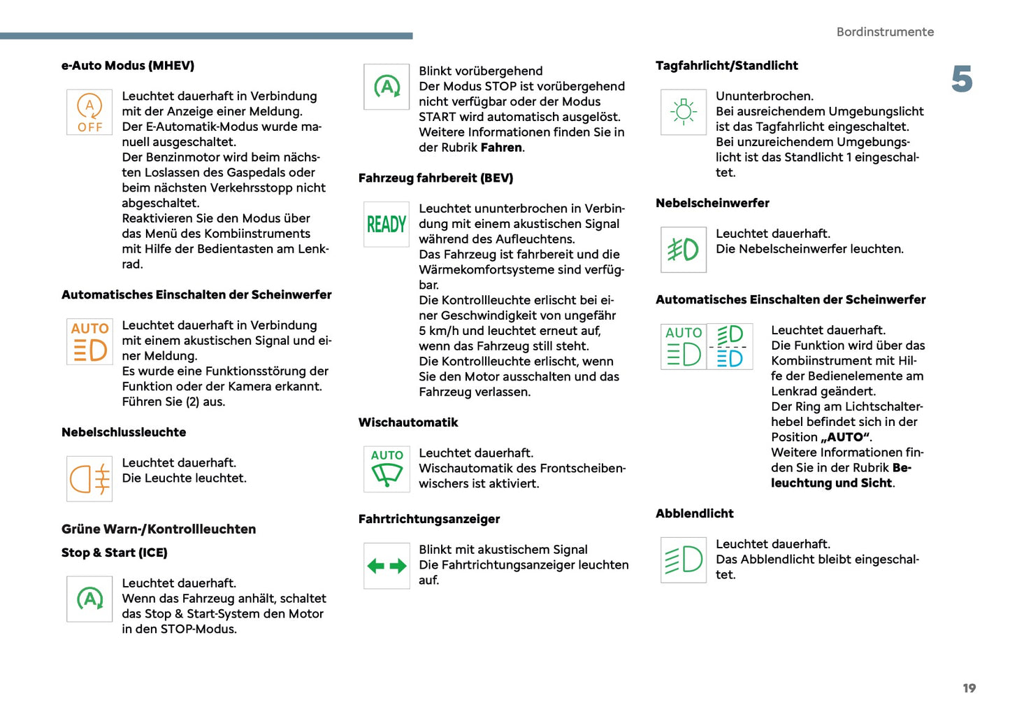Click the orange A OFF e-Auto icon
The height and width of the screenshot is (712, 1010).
coord(89,112)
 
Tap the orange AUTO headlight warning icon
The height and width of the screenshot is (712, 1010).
coord(89,341)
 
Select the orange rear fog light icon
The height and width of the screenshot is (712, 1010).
coord(89,479)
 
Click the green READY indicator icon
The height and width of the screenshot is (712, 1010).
coord(387,225)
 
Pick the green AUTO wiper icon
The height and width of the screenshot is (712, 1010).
coord(387,469)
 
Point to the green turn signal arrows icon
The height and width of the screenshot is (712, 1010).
coord(387,566)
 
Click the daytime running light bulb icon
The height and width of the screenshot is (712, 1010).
coord(684,112)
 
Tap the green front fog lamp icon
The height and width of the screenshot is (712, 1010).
coord(684,250)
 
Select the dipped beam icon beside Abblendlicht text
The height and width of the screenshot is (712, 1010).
coord(684,560)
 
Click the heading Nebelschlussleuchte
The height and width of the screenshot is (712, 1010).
coord(124,432)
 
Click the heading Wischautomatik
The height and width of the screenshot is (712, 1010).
coord(408,422)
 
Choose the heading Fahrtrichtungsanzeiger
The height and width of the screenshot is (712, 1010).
coord(429,519)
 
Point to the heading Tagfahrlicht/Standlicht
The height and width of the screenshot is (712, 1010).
coord(726,66)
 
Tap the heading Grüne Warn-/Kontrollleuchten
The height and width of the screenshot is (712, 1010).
coord(159,529)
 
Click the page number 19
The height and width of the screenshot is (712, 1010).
coord(969,688)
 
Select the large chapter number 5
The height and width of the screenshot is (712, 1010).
coord(962,79)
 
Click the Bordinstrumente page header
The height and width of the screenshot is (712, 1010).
coord(885,32)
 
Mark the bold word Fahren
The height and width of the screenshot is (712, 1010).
coord(501,148)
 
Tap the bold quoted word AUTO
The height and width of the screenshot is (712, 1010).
coord(846,437)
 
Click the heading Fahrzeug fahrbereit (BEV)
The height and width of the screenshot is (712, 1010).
coord(435,178)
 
